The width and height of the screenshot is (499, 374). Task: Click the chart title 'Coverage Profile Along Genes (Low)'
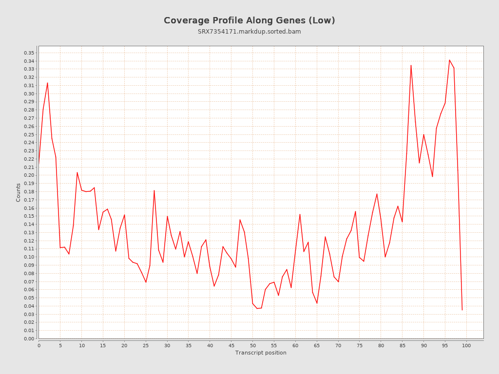point(249,20)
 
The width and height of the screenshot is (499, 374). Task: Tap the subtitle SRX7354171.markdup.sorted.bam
point(249,32)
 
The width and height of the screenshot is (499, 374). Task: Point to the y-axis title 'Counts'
point(19,192)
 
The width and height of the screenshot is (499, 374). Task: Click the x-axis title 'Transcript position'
point(261,353)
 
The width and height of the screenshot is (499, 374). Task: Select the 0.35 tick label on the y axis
point(29,53)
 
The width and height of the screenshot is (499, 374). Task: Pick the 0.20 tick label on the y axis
point(29,175)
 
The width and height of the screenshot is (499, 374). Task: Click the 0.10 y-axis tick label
point(29,257)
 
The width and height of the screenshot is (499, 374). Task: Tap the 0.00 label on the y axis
point(29,339)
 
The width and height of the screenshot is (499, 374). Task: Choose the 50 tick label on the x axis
point(252,345)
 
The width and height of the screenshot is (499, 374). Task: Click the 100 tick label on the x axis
point(466,345)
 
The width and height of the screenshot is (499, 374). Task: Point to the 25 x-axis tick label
point(146,345)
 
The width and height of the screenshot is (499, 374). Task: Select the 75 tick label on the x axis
point(360,345)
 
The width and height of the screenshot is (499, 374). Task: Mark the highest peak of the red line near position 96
point(449,60)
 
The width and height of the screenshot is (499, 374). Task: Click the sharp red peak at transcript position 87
point(411,65)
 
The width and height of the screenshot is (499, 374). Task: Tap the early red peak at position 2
point(47,83)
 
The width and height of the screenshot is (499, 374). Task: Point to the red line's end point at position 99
point(462,310)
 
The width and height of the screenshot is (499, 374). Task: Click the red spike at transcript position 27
point(154,190)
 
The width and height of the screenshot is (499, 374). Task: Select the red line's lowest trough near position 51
point(257,308)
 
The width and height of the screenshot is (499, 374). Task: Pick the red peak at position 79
point(377,194)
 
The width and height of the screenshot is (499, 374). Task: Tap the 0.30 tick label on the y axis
point(29,93)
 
